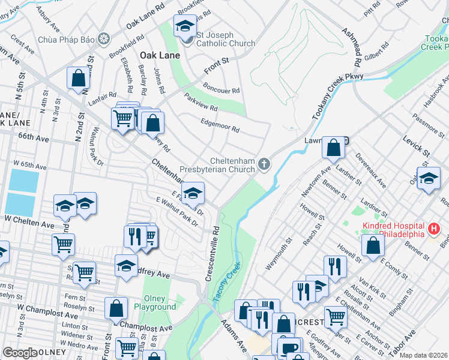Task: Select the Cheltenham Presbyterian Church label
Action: pyautogui.click(x=233, y=165)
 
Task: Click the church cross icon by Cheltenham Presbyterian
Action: pyautogui.click(x=264, y=164)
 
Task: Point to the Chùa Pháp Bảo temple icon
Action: pyautogui.click(x=104, y=39)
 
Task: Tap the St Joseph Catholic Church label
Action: pyautogui.click(x=217, y=43)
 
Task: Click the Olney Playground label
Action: pyautogui.click(x=160, y=303)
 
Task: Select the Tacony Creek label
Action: pyautogui.click(x=226, y=283)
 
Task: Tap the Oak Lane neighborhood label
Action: pyautogui.click(x=156, y=55)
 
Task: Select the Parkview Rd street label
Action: pyautogui.click(x=200, y=103)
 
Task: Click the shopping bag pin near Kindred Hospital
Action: pyautogui.click(x=373, y=244)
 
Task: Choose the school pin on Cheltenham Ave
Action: pyautogui.click(x=193, y=193)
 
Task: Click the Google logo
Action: pyautogui.click(x=20, y=353)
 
